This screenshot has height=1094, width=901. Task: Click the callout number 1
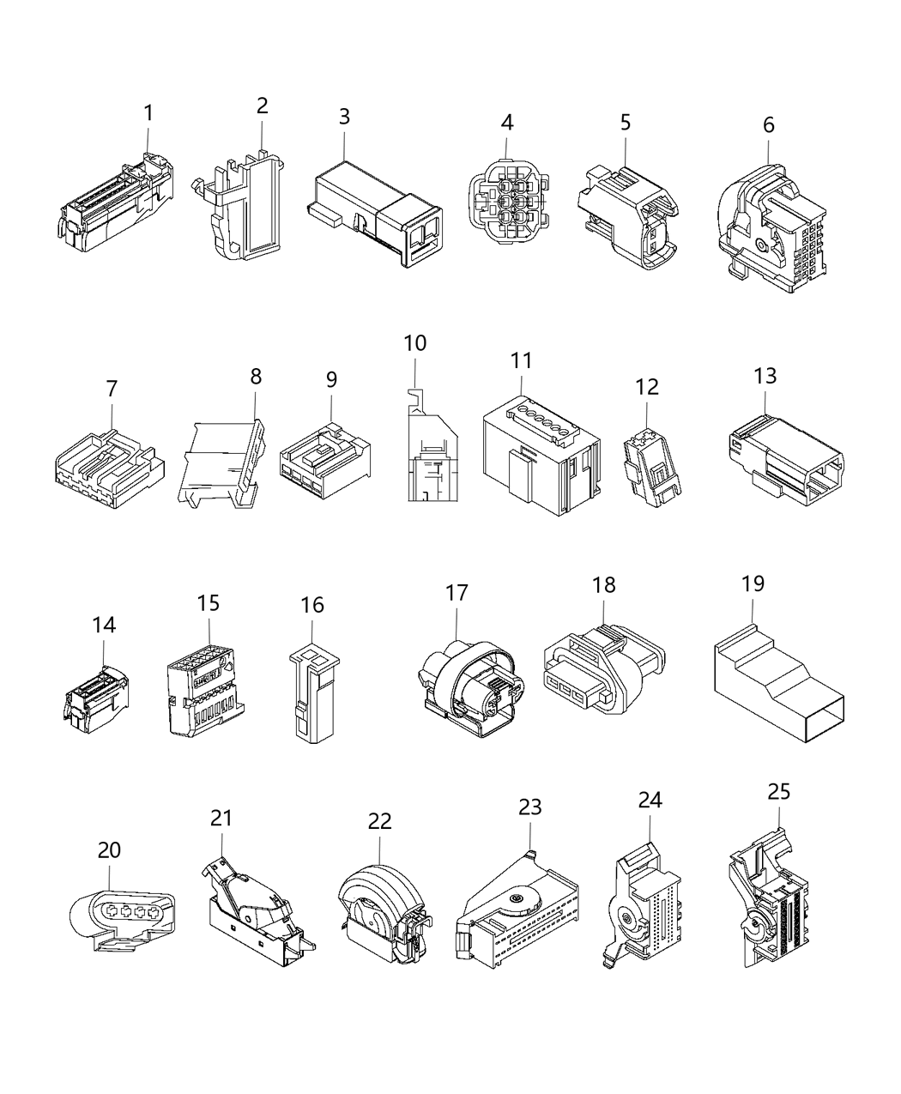(148, 112)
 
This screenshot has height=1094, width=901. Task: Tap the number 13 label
(765, 375)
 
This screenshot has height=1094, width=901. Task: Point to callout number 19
(753, 583)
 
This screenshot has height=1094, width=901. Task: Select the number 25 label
(778, 790)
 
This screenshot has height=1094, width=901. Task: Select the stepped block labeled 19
(777, 686)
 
